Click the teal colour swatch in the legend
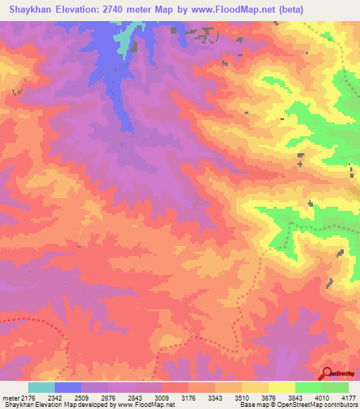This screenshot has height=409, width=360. (41, 387)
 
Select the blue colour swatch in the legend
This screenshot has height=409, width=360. (67, 387)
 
